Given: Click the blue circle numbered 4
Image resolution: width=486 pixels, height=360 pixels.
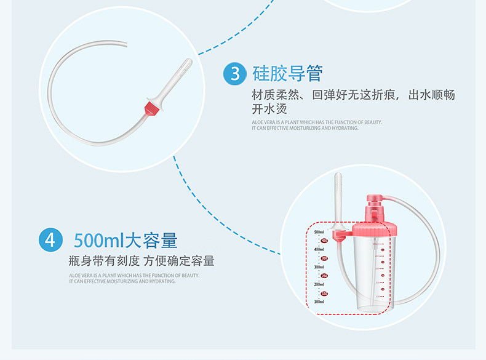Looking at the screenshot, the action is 50,239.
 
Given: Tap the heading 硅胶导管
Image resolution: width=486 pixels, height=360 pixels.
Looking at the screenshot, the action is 288,74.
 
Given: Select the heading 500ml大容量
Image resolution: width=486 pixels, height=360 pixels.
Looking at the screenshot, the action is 125,239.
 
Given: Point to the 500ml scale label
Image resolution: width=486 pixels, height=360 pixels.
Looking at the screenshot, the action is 319,232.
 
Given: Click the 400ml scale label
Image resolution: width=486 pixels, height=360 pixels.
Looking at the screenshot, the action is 319,249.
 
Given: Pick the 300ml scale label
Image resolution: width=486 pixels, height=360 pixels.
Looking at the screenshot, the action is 319,267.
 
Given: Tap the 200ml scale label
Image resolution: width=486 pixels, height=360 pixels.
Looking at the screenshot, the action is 319,284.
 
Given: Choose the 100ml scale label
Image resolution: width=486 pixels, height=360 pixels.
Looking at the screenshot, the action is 319,302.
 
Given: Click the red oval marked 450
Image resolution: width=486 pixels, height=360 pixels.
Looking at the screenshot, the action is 324,241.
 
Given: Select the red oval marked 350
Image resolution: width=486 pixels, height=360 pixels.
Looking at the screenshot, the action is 324,258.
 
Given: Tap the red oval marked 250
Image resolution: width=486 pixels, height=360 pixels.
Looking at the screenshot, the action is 324,276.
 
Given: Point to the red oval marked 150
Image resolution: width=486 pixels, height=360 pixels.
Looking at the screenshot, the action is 324,294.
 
